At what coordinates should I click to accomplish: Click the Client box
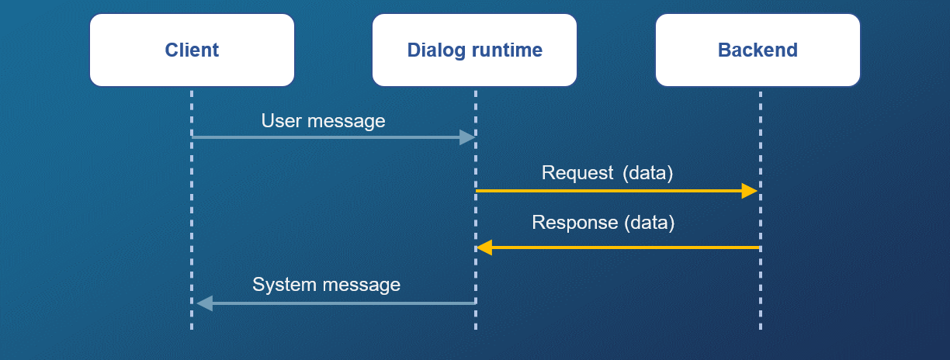click(192, 50)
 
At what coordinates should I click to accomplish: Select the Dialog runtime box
click(474, 50)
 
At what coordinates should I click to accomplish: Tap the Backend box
click(758, 50)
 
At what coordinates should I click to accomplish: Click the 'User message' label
click(323, 121)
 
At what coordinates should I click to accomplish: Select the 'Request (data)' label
click(607, 173)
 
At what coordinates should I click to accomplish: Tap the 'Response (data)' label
click(603, 223)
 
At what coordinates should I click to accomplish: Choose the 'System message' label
click(326, 285)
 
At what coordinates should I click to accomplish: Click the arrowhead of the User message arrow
click(467, 137)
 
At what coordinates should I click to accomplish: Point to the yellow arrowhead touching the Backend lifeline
click(750, 191)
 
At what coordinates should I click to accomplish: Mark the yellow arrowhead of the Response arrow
click(484, 247)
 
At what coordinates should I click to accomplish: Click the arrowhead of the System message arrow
click(204, 303)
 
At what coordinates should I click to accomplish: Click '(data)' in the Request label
click(647, 173)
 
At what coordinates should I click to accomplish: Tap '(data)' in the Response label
click(650, 223)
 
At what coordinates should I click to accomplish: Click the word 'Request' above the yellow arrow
click(577, 173)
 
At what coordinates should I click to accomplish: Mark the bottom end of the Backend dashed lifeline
click(760, 327)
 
